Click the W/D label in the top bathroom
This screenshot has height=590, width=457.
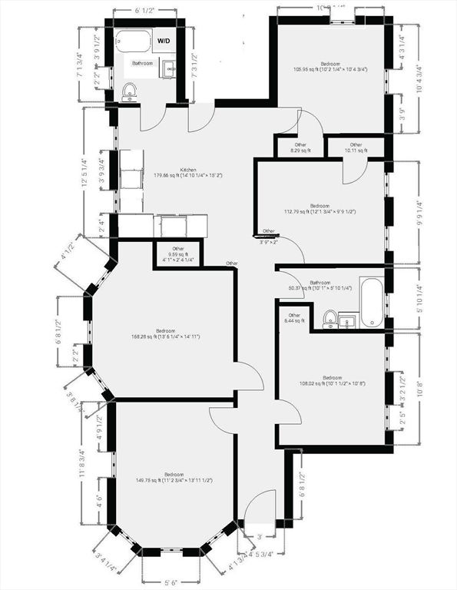[x=164, y=41]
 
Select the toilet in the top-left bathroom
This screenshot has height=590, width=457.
[x=129, y=91]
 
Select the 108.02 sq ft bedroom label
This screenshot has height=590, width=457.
[x=332, y=380]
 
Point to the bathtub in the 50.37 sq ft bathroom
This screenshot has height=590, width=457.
[x=371, y=303]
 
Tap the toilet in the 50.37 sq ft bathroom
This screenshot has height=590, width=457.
[x=329, y=318]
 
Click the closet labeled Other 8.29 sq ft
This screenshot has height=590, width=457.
[x=300, y=147]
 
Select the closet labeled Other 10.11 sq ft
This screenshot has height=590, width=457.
[x=356, y=147]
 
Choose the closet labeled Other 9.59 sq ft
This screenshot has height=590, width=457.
[x=178, y=253]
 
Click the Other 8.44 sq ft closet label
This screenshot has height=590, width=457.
[x=294, y=318]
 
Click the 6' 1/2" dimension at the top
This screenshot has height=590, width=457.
[x=146, y=11]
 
